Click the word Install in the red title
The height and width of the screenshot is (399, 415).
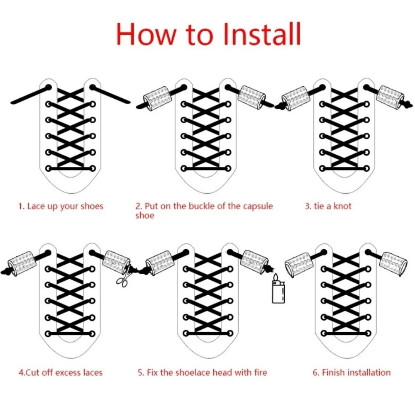click(x=262, y=34)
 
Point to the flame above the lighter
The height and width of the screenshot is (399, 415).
click(x=276, y=277)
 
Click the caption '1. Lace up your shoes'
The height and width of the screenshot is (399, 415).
click(x=61, y=207)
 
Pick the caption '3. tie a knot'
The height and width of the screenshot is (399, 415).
click(x=328, y=206)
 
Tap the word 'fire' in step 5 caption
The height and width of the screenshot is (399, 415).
click(x=261, y=372)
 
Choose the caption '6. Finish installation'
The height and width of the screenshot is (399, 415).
click(x=352, y=372)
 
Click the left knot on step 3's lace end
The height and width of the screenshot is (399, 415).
click(x=279, y=106)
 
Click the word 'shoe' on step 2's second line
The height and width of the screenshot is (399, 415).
click(x=145, y=216)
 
